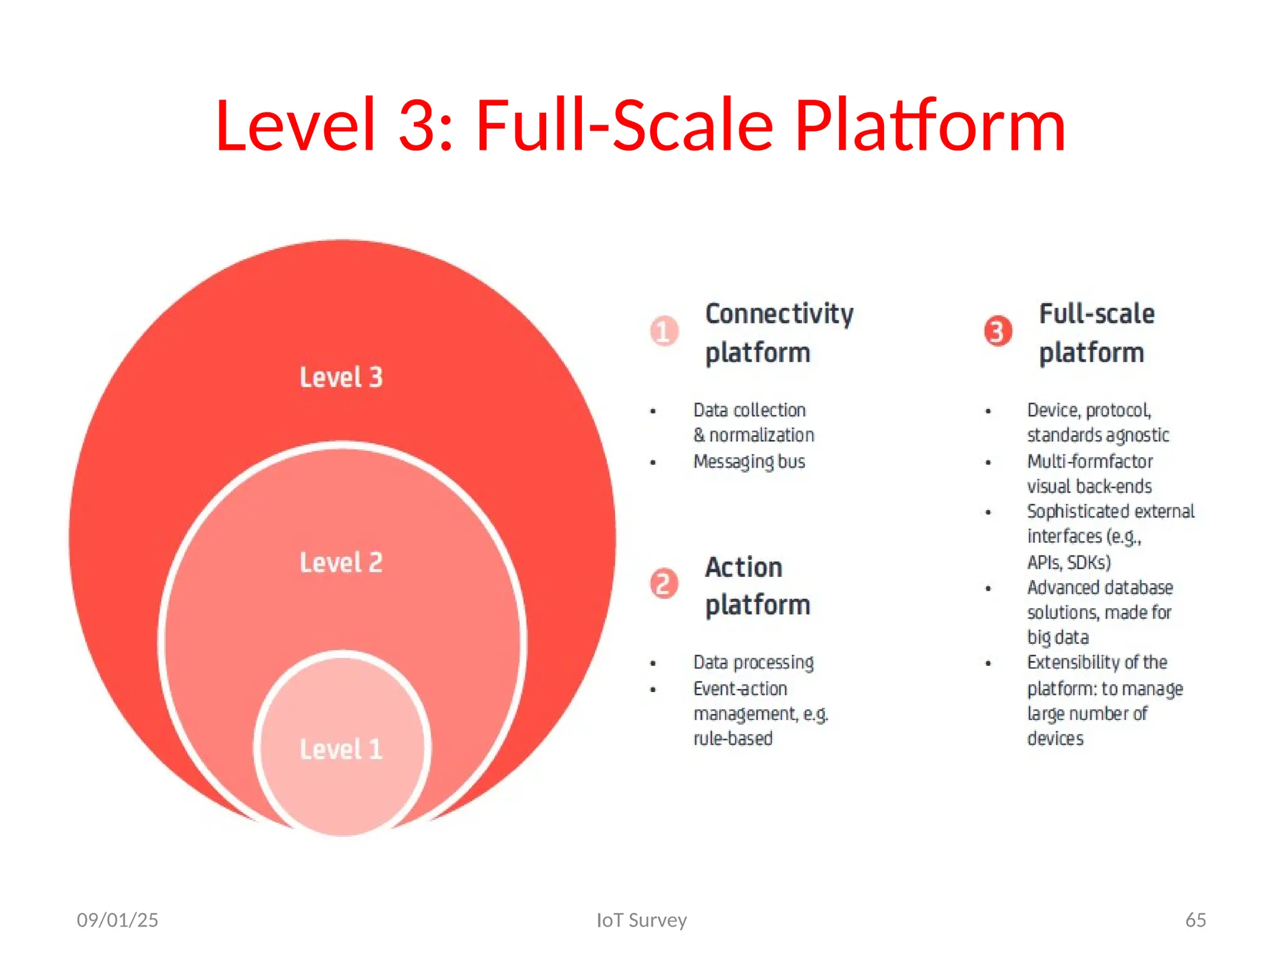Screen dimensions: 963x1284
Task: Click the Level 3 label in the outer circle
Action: [340, 377]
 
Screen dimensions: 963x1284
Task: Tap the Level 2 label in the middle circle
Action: [340, 562]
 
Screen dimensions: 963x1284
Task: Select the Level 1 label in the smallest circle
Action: [340, 749]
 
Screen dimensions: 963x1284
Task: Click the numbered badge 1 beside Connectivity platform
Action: [663, 331]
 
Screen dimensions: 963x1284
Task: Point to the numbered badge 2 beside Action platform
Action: [663, 584]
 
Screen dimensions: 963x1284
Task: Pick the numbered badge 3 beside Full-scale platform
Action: [997, 331]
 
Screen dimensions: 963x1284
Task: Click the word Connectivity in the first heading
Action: [779, 313]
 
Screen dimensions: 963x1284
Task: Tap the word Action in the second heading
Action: [744, 567]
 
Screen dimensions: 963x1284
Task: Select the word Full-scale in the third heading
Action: [1097, 313]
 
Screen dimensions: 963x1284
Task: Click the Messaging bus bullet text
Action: [749, 461]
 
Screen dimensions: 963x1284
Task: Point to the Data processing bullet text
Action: [753, 663]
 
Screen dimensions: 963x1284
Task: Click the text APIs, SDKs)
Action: [1068, 562]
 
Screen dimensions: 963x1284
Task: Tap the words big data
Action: [1058, 638]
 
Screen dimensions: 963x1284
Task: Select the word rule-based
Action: [732, 739]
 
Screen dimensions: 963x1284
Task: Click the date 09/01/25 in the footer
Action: [117, 920]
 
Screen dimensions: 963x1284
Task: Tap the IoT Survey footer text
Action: [641, 920]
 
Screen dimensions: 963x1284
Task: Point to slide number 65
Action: [1195, 920]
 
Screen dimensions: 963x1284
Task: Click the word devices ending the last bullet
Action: [1055, 739]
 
